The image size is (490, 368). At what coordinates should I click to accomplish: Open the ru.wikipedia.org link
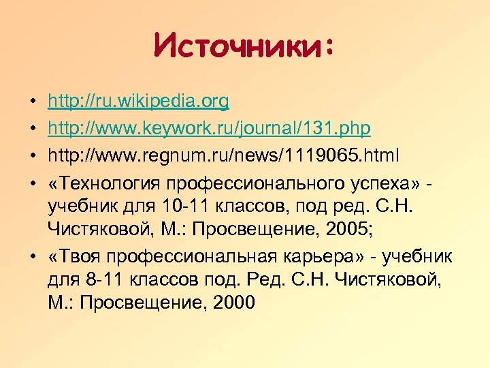click(138, 102)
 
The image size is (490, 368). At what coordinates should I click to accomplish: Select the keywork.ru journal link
click(209, 129)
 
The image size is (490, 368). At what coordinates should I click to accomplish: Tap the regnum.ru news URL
click(225, 156)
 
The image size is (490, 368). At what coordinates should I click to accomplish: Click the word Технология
click(113, 183)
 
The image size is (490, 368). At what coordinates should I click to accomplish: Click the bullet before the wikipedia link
click(33, 103)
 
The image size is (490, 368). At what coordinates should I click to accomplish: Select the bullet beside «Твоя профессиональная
click(33, 258)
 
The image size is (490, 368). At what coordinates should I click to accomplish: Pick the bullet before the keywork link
click(33, 130)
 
